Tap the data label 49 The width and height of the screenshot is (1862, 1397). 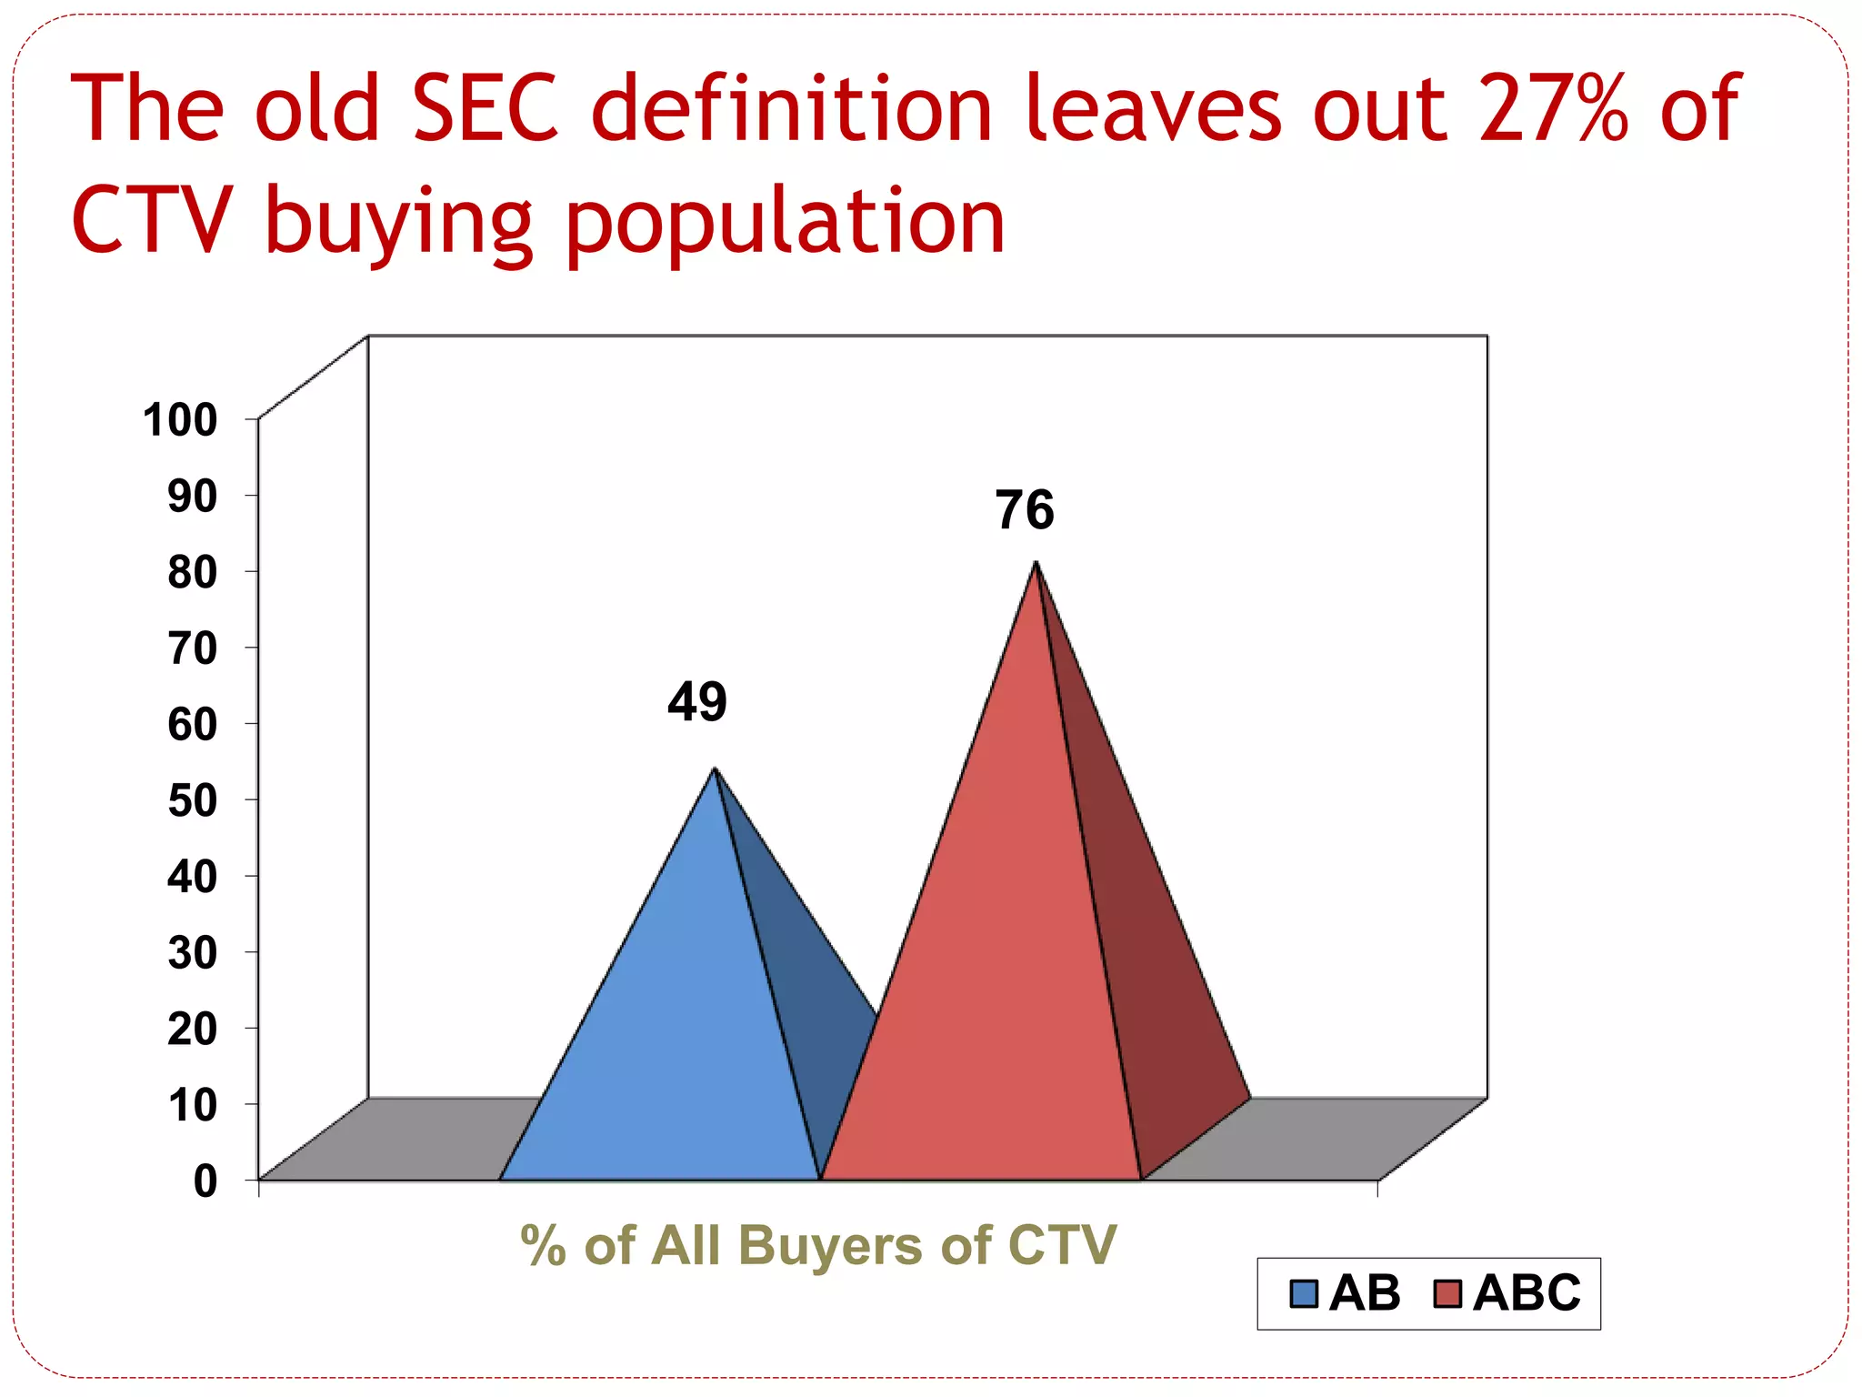[697, 702]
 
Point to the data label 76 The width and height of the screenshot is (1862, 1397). [1025, 510]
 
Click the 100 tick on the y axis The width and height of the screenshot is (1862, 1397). [180, 420]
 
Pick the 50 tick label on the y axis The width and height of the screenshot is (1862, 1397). [192, 801]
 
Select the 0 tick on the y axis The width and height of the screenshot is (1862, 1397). [205, 1181]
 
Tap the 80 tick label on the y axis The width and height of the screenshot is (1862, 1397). [192, 573]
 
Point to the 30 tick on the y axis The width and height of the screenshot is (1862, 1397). [192, 953]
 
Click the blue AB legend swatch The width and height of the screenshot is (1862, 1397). [1304, 1293]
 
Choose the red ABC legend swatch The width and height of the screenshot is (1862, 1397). [1447, 1293]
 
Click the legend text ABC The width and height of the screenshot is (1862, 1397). [1527, 1293]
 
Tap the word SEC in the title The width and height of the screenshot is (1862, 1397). [486, 109]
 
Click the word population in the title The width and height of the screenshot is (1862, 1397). [785, 223]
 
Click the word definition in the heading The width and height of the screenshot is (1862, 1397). [791, 109]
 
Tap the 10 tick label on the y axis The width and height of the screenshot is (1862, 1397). [192, 1106]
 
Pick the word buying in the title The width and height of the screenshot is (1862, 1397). [398, 223]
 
